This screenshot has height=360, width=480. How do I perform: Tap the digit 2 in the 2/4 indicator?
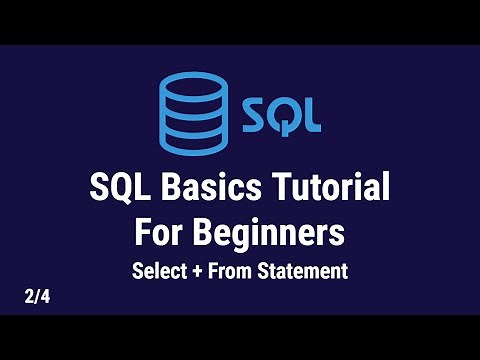tap(31, 297)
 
